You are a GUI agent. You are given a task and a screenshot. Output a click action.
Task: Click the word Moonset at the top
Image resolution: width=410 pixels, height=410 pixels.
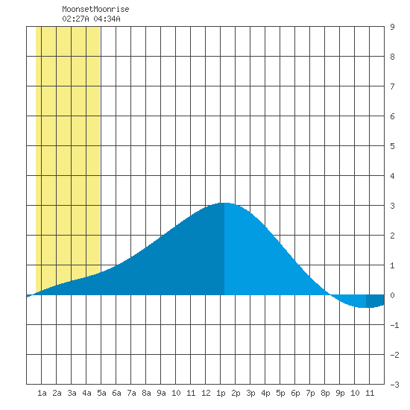(78, 9)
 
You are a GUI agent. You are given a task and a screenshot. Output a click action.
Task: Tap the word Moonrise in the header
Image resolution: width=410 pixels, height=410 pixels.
(111, 9)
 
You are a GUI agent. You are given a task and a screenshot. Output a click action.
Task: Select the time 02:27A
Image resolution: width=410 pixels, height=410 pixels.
(75, 19)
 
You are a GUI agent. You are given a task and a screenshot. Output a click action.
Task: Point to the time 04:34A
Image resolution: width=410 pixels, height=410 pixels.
(107, 19)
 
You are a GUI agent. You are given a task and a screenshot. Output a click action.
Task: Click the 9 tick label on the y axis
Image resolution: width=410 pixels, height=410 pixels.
(392, 27)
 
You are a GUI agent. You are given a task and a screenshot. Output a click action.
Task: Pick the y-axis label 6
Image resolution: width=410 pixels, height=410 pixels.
(392, 116)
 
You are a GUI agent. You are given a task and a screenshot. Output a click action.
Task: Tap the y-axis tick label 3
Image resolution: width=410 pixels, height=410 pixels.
(392, 206)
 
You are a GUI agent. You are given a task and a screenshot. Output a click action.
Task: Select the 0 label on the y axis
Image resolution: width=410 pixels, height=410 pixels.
(392, 295)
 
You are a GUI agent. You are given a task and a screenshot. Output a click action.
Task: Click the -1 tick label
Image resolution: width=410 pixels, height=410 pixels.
(394, 325)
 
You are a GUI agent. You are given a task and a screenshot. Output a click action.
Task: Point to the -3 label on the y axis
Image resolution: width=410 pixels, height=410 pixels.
(394, 385)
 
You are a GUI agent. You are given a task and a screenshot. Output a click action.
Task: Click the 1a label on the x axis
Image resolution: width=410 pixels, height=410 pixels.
(42, 393)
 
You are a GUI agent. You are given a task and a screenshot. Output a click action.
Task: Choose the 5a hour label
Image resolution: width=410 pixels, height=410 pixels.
(101, 393)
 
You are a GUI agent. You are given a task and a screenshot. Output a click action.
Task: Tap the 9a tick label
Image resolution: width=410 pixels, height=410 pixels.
(161, 393)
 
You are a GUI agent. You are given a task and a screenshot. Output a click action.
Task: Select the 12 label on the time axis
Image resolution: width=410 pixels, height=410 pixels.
(206, 393)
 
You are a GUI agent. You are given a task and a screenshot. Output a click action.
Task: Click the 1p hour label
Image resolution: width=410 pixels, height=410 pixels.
(221, 393)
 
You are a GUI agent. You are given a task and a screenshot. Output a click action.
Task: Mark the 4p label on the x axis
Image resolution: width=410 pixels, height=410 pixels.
(265, 393)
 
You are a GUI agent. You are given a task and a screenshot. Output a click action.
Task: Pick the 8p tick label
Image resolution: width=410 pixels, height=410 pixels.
(325, 393)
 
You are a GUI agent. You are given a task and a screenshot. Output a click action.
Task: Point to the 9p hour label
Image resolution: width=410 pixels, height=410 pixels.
(340, 393)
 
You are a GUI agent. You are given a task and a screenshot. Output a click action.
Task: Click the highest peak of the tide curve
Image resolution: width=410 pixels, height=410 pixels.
(224, 203)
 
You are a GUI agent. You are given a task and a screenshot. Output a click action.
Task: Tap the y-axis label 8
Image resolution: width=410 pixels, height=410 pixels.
(392, 57)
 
